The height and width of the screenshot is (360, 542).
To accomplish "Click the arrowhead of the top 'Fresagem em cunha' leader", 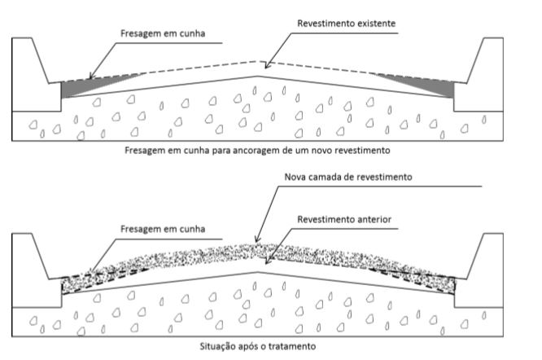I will point(90,79).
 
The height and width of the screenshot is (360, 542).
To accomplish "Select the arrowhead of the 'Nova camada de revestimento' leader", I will point(258,243).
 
